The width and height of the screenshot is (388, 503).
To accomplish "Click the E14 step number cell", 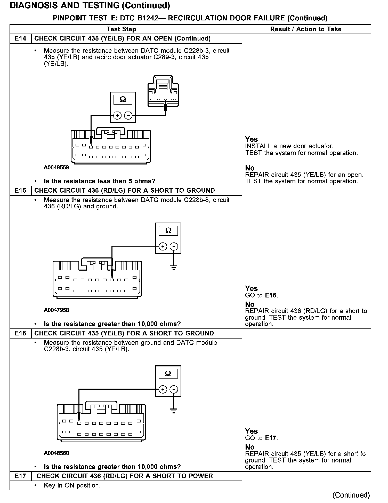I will pyautogui.click(x=20, y=38).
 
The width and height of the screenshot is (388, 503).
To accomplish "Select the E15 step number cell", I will pyautogui.click(x=20, y=191).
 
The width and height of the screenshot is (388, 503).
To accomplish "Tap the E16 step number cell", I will pyautogui.click(x=20, y=333).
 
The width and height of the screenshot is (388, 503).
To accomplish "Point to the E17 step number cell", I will pyautogui.click(x=20, y=476).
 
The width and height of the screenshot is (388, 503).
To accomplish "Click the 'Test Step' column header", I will pyautogui.click(x=121, y=29).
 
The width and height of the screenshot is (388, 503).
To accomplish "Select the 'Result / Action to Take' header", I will pyautogui.click(x=306, y=29).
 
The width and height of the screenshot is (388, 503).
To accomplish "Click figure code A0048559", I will pyautogui.click(x=56, y=168).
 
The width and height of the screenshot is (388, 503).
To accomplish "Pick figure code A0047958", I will pyautogui.click(x=56, y=310).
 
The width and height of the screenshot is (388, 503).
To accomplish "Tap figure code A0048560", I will pyautogui.click(x=56, y=453).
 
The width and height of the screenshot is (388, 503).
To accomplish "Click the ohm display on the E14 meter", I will pyautogui.click(x=123, y=100).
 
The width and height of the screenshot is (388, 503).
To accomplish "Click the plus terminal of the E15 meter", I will pyautogui.click(x=163, y=247).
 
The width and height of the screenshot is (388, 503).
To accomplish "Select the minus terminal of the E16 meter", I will pyautogui.click(x=174, y=390).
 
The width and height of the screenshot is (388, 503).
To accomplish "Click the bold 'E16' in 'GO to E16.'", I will pyautogui.click(x=271, y=295).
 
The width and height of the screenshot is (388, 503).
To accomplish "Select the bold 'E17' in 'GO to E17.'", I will pyautogui.click(x=271, y=438).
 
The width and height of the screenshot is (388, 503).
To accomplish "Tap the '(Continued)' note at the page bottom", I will pyautogui.click(x=351, y=495).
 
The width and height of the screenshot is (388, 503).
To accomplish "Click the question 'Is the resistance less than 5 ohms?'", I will pyautogui.click(x=100, y=181).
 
